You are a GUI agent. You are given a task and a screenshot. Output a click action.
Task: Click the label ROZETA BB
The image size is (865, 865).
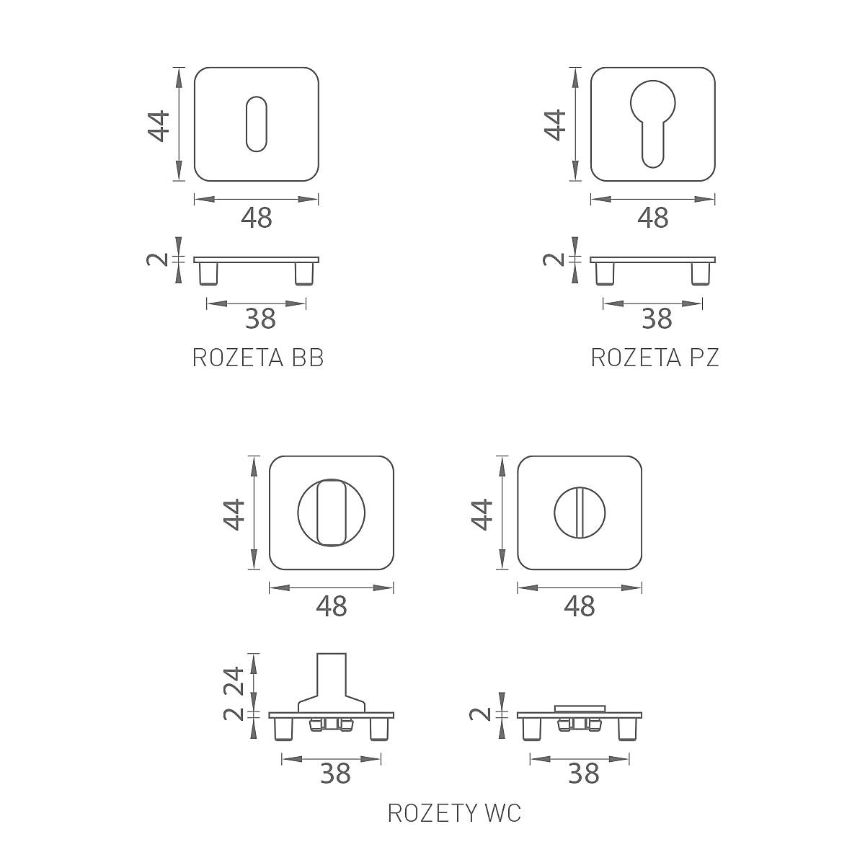(257, 358)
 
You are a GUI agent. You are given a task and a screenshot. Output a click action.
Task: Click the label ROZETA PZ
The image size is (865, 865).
(655, 358)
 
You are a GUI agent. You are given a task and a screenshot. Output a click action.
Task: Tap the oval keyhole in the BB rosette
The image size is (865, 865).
(257, 124)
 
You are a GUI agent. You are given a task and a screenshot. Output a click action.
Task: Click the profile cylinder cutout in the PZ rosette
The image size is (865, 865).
(652, 124)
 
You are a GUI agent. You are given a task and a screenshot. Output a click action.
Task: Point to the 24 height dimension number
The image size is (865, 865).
(234, 681)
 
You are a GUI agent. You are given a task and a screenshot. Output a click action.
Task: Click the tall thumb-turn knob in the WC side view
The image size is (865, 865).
(332, 683)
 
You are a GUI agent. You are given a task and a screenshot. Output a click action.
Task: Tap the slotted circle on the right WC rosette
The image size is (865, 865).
(580, 513)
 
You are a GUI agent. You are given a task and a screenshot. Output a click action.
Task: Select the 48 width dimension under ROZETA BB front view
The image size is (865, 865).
(257, 218)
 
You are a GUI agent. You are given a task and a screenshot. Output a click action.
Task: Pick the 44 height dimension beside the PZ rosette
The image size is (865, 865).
(555, 125)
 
